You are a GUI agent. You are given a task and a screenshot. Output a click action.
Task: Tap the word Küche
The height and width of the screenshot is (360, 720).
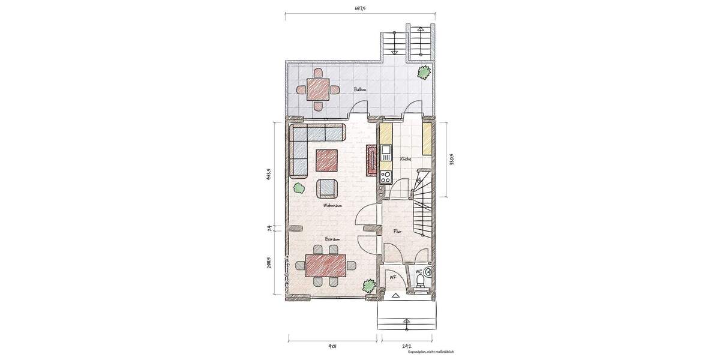click(404, 158)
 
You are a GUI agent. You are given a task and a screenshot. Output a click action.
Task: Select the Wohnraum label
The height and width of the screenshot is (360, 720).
click(332, 205)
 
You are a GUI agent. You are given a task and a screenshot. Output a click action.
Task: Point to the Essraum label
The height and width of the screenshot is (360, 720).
click(332, 239)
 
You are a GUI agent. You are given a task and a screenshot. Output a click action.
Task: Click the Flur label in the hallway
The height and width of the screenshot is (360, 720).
click(397, 230)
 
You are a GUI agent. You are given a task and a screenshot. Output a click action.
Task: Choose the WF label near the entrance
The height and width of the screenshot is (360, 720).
click(393, 277)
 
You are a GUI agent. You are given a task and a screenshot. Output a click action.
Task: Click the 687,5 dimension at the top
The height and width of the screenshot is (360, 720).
click(360, 9)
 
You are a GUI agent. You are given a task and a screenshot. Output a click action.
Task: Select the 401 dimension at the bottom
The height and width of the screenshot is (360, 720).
click(333, 346)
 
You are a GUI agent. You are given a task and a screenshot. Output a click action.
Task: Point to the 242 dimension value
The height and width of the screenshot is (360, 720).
click(406, 346)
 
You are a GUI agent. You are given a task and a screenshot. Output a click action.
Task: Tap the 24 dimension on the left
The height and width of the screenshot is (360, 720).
click(271, 227)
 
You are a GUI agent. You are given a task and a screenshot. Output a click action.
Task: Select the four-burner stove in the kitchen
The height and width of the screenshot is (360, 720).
click(385, 176)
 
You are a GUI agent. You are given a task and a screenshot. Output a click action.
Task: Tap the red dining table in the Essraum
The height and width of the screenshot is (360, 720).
click(326, 265)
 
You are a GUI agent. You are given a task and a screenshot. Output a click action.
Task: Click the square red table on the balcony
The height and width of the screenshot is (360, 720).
click(317, 90)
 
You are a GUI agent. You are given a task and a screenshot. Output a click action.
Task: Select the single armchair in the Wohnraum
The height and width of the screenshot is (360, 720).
click(328, 188)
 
